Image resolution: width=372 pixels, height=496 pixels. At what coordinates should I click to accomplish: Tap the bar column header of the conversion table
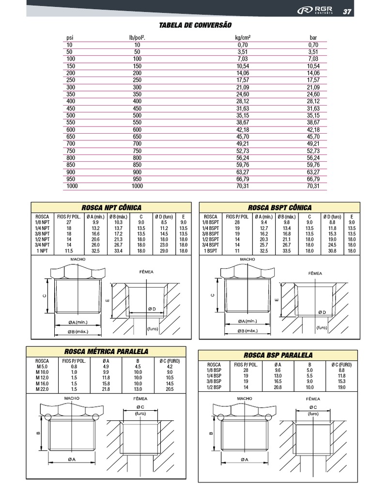click(313, 37)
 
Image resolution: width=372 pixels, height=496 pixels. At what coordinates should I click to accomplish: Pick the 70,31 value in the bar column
click(313, 186)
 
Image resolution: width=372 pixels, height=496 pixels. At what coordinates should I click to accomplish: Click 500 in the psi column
click(71, 116)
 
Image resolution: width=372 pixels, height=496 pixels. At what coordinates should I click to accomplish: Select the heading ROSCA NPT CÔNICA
click(111, 207)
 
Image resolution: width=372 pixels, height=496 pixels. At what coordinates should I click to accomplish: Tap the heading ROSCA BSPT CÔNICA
click(279, 207)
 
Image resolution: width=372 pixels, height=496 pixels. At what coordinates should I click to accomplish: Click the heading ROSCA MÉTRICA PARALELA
click(107, 352)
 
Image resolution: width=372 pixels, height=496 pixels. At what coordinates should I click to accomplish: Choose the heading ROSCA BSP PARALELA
click(278, 355)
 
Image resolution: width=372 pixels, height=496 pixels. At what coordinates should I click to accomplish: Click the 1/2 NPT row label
click(42, 239)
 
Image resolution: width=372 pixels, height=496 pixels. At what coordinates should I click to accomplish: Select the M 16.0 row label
click(42, 383)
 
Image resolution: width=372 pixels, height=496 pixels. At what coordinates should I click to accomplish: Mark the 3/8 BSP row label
click(214, 382)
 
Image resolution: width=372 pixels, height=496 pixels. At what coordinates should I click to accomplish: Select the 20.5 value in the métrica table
click(170, 389)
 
